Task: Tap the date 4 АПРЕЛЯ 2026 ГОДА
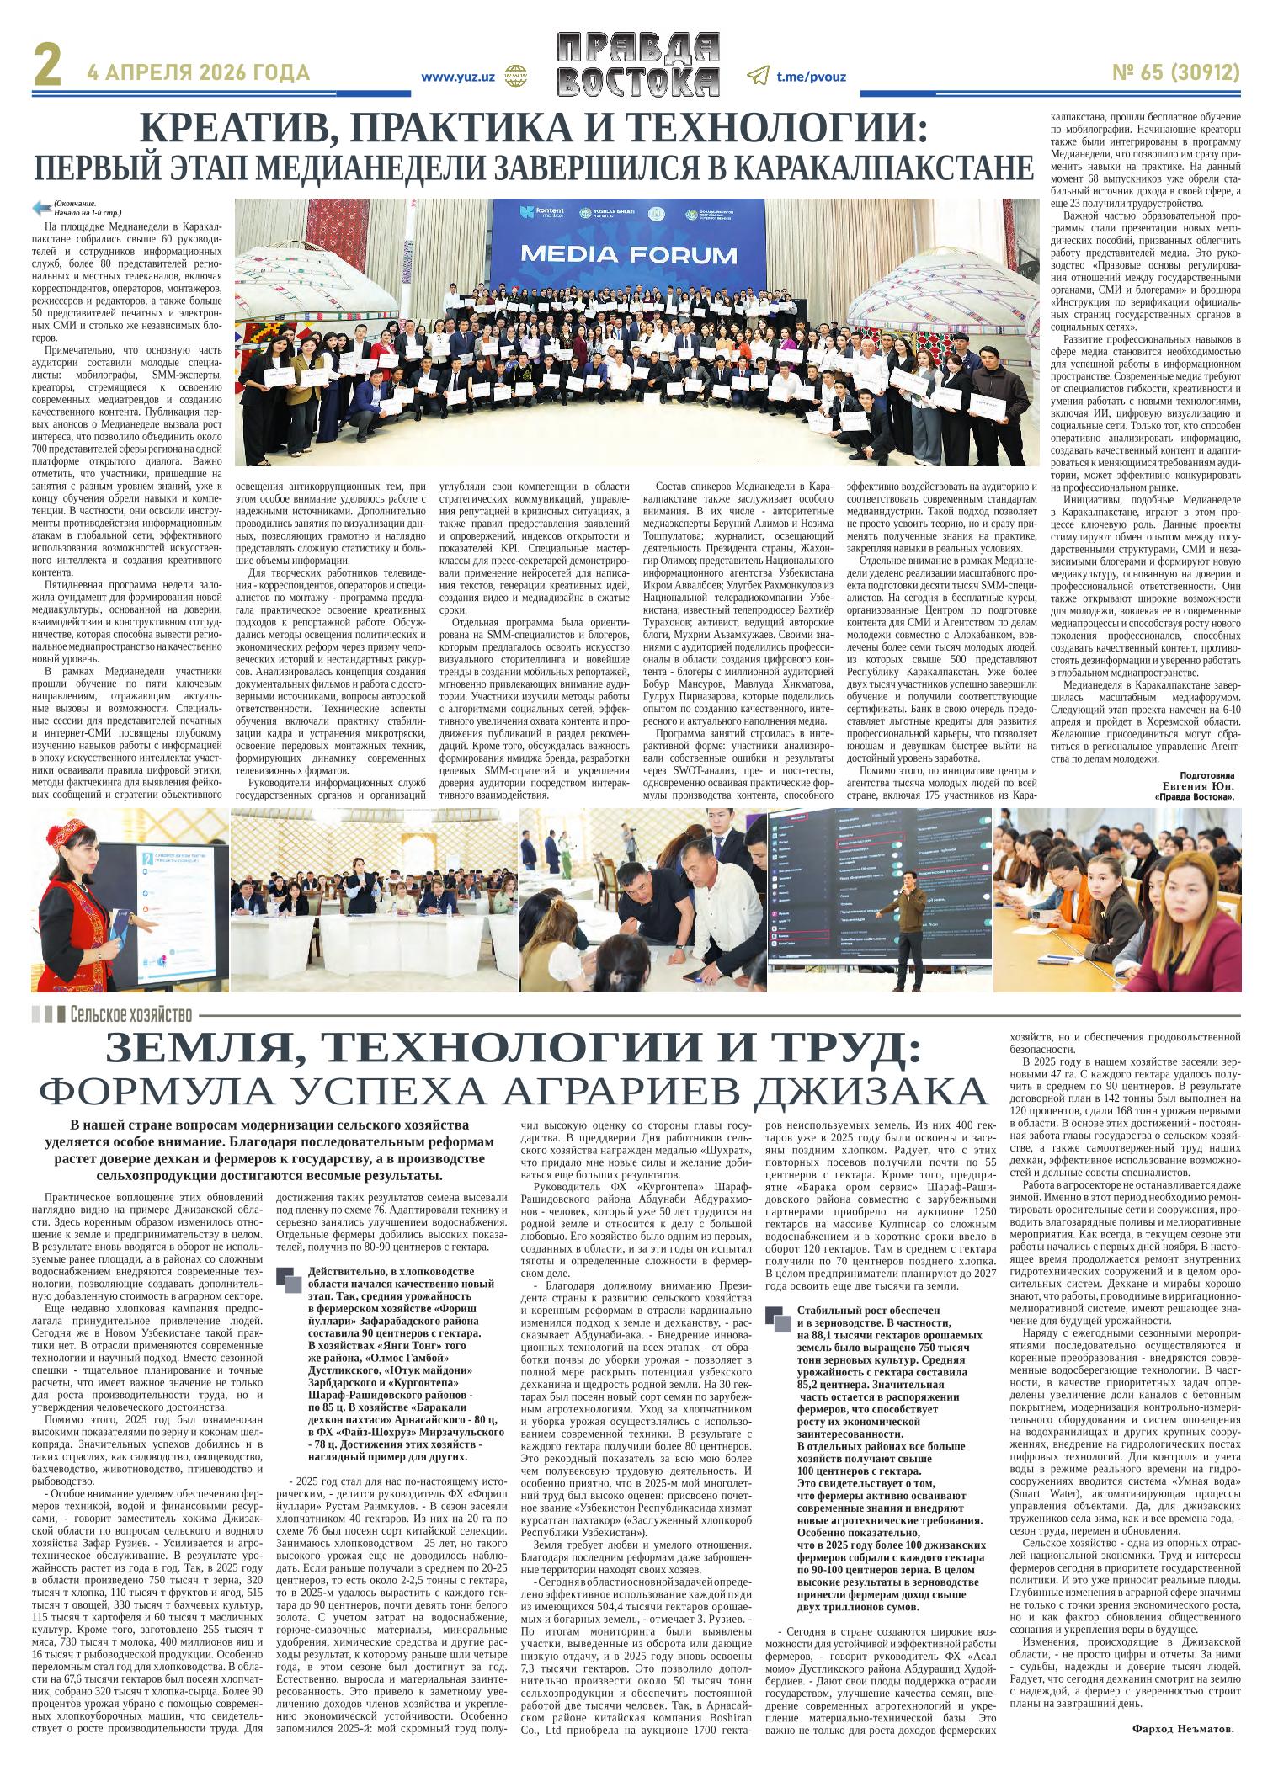point(198,73)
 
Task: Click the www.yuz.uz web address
point(457,77)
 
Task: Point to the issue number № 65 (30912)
point(1176,73)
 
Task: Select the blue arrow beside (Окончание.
point(40,207)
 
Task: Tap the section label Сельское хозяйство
point(132,1013)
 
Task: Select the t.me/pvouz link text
point(811,77)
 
